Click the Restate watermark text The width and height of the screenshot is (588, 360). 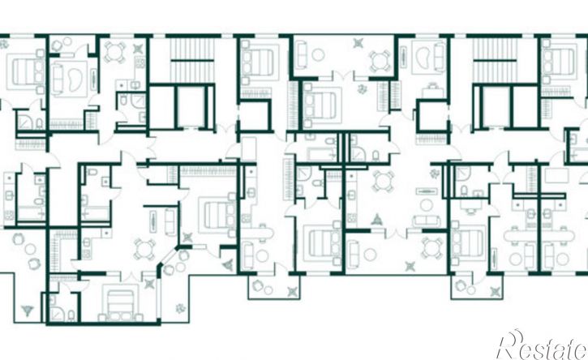pyautogui.click(x=543, y=345)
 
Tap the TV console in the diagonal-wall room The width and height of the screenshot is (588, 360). pyautogui.click(x=153, y=222)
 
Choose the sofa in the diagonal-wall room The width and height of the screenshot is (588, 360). pyautogui.click(x=170, y=222)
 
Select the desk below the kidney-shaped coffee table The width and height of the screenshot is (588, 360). pyautogui.click(x=433, y=91)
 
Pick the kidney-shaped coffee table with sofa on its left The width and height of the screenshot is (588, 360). pyautogui.click(x=75, y=79)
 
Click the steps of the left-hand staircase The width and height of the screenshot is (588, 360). pyautogui.click(x=192, y=60)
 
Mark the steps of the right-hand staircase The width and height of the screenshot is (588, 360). pyautogui.click(x=494, y=60)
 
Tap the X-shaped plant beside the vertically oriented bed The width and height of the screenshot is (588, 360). pyautogui.click(x=150, y=284)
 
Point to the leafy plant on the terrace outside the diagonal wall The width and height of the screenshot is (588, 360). pyautogui.click(x=181, y=308)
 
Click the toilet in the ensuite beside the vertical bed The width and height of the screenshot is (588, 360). pyautogui.click(x=71, y=315)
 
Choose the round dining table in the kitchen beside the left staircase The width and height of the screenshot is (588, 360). pyautogui.click(x=114, y=52)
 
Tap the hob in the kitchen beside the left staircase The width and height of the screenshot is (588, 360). pyautogui.click(x=140, y=62)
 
